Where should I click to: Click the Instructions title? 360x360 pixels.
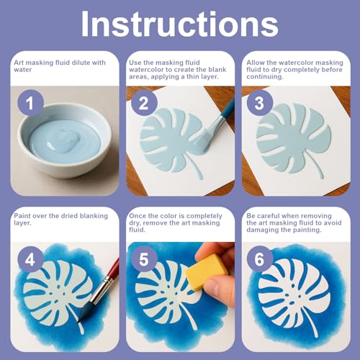point(180,24)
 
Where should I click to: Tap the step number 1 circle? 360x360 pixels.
point(30,103)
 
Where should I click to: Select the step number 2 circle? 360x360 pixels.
point(144,103)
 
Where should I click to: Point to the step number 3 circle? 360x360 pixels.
point(260,103)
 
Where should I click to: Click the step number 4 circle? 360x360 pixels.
point(30,259)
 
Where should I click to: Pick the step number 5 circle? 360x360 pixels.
point(144,259)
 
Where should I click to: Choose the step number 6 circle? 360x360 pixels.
point(260,259)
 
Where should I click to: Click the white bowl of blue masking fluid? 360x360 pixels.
point(65,140)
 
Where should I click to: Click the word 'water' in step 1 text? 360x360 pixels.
point(23,70)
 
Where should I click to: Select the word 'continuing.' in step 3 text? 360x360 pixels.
point(265,77)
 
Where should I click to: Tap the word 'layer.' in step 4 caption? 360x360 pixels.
point(22,223)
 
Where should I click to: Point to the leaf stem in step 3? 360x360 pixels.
point(315,167)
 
